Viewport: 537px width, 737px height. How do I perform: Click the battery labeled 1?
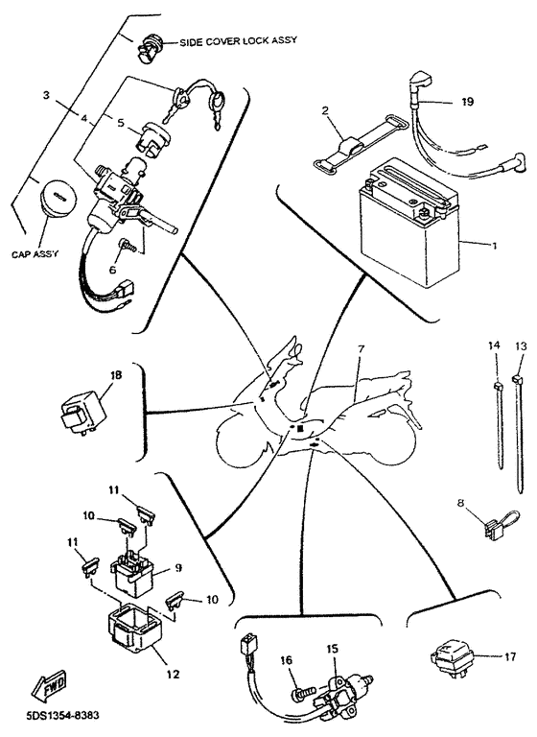(x=408, y=224)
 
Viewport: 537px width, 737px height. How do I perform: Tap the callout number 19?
(x=467, y=102)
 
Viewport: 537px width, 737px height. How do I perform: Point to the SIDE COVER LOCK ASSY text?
(x=239, y=41)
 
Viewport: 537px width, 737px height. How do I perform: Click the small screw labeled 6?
(x=126, y=245)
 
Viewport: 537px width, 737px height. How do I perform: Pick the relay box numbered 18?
(x=84, y=408)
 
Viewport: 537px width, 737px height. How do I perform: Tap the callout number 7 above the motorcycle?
(x=361, y=349)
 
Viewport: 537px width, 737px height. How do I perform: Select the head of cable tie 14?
(x=497, y=386)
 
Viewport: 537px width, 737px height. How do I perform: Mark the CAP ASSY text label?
(x=35, y=254)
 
